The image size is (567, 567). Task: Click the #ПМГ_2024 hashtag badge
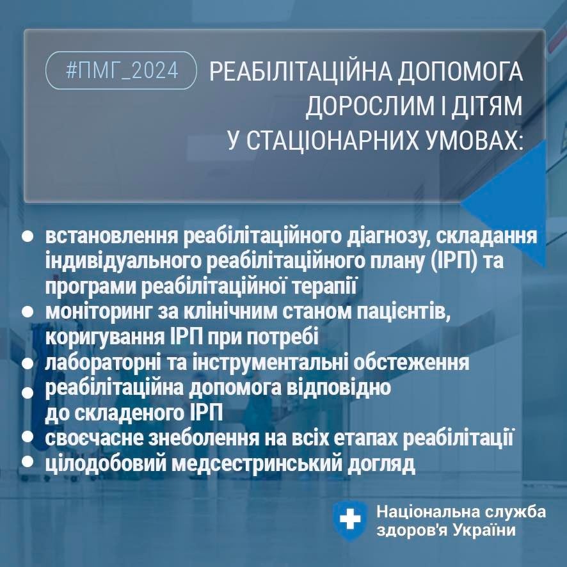click(x=121, y=70)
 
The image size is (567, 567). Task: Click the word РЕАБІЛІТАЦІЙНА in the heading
click(x=301, y=72)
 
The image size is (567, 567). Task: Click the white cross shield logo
click(x=349, y=520)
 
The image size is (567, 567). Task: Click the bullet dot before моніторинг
click(x=28, y=312)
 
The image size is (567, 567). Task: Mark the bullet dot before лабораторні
click(x=28, y=363)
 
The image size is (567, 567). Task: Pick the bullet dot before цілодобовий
click(x=28, y=461)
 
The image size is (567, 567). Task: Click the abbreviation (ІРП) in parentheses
click(x=454, y=261)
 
